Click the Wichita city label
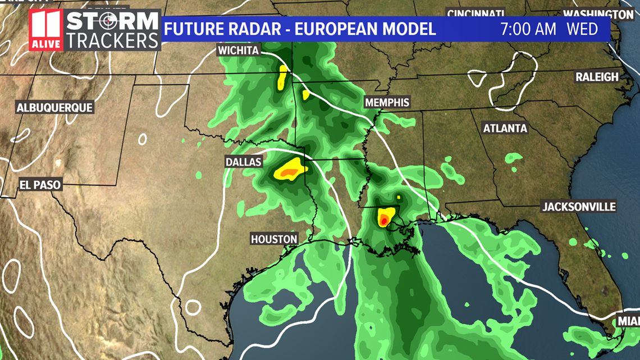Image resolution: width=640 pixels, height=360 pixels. [239, 51]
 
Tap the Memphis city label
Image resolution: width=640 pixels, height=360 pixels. [387, 103]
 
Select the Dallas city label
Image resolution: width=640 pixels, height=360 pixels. [244, 162]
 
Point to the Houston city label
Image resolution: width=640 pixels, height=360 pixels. [274, 239]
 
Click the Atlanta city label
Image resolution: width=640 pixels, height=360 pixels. [505, 129]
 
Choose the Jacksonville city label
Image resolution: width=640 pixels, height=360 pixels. [579, 207]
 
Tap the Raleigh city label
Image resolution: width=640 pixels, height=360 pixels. [597, 77]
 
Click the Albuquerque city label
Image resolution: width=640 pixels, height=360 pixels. [54, 108]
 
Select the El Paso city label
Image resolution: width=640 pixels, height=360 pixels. [40, 184]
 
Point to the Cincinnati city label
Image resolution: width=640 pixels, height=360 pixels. [476, 13]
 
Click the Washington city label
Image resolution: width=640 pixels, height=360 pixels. [598, 14]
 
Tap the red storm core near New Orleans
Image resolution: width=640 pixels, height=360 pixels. [383, 221]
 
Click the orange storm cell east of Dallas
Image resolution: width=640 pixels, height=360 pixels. [289, 170]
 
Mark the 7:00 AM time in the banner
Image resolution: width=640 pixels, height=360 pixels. [528, 29]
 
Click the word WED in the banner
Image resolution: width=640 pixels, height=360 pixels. [582, 29]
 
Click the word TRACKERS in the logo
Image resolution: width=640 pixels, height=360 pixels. [112, 40]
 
